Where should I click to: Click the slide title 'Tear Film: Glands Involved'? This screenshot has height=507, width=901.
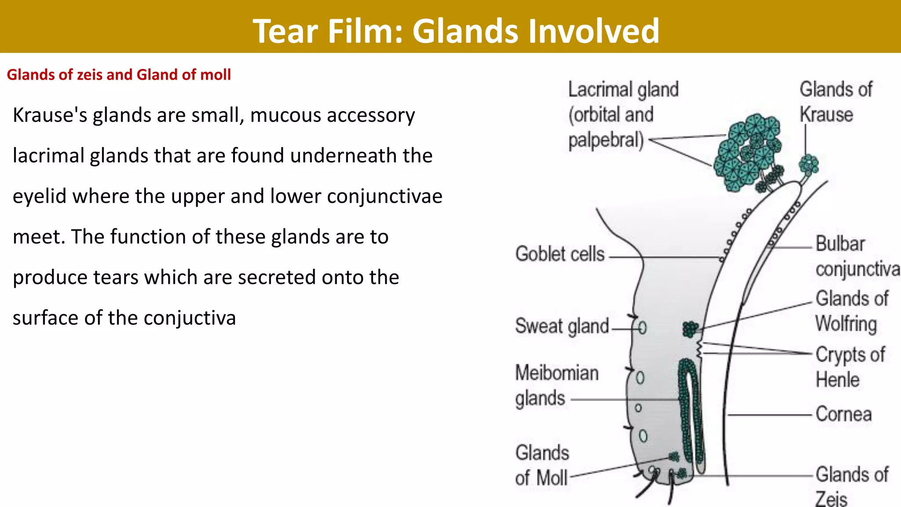point(456,31)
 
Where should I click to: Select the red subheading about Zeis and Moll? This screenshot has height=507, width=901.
point(119,75)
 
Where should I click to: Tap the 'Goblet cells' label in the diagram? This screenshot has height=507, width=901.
point(560,254)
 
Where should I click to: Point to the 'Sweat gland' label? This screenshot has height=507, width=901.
point(562,326)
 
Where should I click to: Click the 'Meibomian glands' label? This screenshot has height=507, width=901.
point(556,386)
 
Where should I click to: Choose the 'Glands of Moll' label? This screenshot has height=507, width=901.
point(542,465)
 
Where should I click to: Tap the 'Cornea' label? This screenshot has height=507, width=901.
point(843,414)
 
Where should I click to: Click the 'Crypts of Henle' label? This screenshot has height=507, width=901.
point(850,367)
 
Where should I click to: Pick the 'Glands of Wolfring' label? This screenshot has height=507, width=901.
point(851,311)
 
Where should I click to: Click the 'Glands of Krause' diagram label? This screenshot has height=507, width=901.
point(835,102)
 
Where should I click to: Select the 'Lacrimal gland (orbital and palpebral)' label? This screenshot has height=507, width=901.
point(623,114)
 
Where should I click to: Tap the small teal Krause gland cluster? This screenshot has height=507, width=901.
point(809,165)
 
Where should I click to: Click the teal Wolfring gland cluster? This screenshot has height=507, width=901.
point(690,329)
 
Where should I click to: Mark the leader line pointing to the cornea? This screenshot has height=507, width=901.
point(770,415)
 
